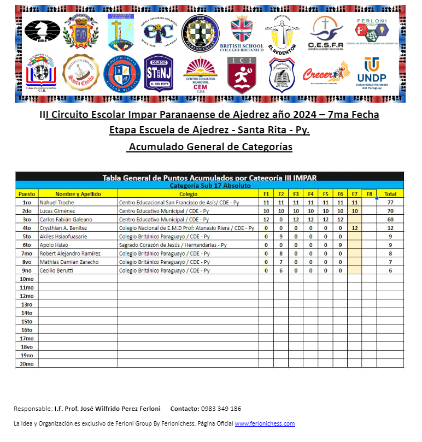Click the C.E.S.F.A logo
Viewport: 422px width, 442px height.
point(325,31)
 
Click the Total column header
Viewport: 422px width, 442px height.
point(390,194)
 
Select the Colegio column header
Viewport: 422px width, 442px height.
point(188,194)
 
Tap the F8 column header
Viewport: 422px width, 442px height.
point(369,194)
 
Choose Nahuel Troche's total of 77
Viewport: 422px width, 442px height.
point(390,202)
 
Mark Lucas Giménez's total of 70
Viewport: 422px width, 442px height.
point(390,211)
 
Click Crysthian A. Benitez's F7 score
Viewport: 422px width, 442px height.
point(355,228)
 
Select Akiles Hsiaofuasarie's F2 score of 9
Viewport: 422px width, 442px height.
point(281,237)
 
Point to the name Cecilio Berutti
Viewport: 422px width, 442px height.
point(55,270)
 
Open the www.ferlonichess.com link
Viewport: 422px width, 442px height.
point(265,423)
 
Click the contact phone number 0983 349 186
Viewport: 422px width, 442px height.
point(221,409)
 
